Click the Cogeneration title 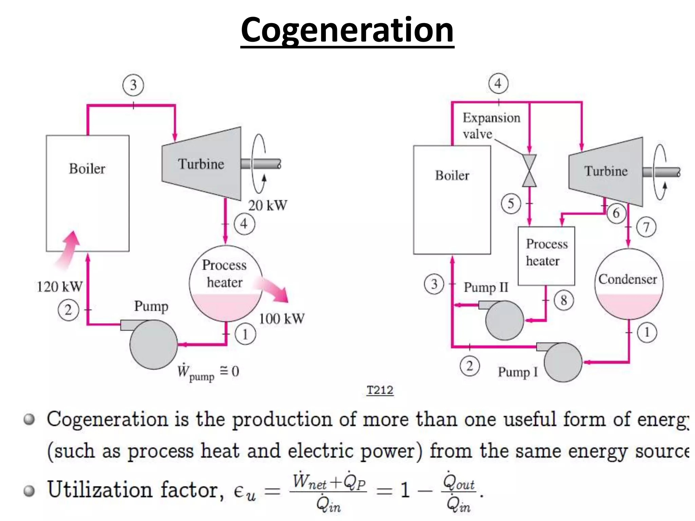click(347, 31)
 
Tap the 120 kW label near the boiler click(59, 287)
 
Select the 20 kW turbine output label click(268, 206)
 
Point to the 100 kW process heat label click(282, 319)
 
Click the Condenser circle click(628, 284)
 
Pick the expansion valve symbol click(529, 171)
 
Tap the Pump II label click(486, 287)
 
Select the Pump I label click(518, 372)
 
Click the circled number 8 click(564, 300)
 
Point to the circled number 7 click(646, 227)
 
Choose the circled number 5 click(511, 204)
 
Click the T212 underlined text click(380, 390)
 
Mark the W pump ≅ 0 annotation click(208, 372)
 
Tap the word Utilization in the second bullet click(100, 490)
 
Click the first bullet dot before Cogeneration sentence click(30, 420)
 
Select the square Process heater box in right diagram click(546, 256)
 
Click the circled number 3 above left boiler click(133, 85)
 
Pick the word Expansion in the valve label click(491, 118)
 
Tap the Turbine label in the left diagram click(201, 164)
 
